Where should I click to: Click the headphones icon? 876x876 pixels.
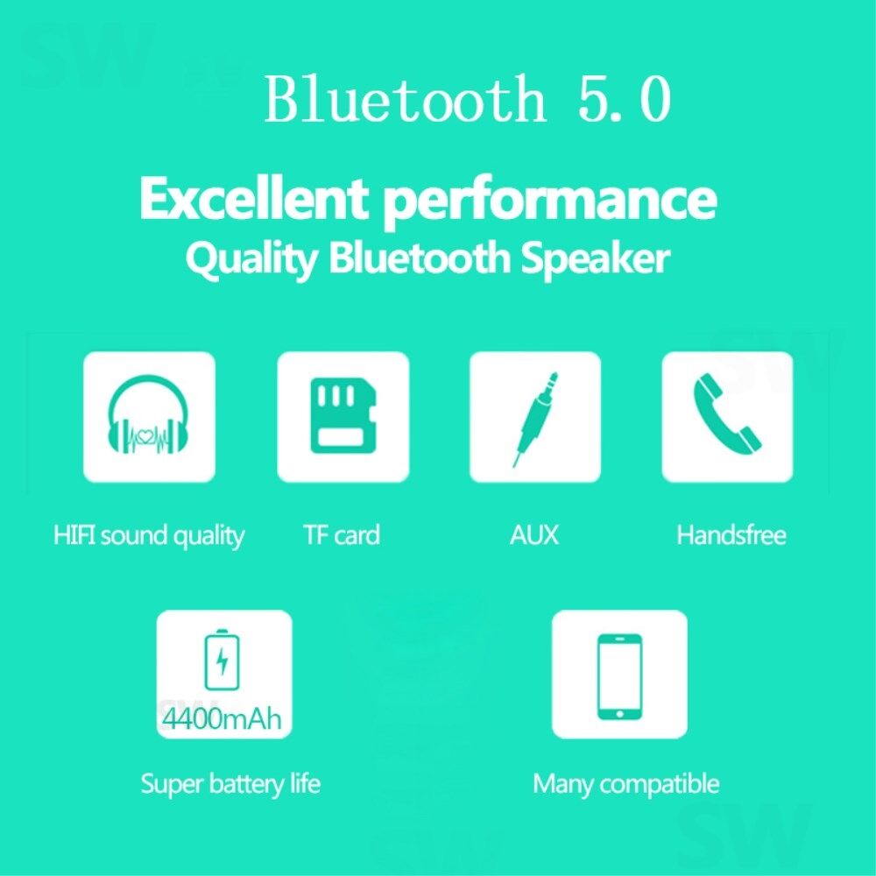(x=149, y=414)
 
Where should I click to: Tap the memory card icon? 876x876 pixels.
(x=343, y=415)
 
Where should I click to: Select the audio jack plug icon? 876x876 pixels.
(x=535, y=419)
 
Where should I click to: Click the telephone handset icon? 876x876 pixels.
(x=727, y=412)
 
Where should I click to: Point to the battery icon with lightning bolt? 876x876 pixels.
(x=223, y=660)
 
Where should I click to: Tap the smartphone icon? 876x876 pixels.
(x=619, y=676)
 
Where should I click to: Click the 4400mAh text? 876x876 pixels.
(x=222, y=718)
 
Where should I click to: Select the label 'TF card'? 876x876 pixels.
(x=342, y=534)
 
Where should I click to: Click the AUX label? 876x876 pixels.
(x=534, y=534)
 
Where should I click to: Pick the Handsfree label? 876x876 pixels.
(x=731, y=534)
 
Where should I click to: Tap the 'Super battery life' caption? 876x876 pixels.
(x=230, y=784)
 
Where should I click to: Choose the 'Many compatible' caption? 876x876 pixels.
(x=625, y=784)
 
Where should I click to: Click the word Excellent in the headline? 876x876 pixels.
(x=254, y=198)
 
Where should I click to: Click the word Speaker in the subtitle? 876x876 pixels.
(x=595, y=260)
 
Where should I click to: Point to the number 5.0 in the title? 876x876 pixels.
(x=625, y=100)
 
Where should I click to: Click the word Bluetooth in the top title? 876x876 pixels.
(x=405, y=98)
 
